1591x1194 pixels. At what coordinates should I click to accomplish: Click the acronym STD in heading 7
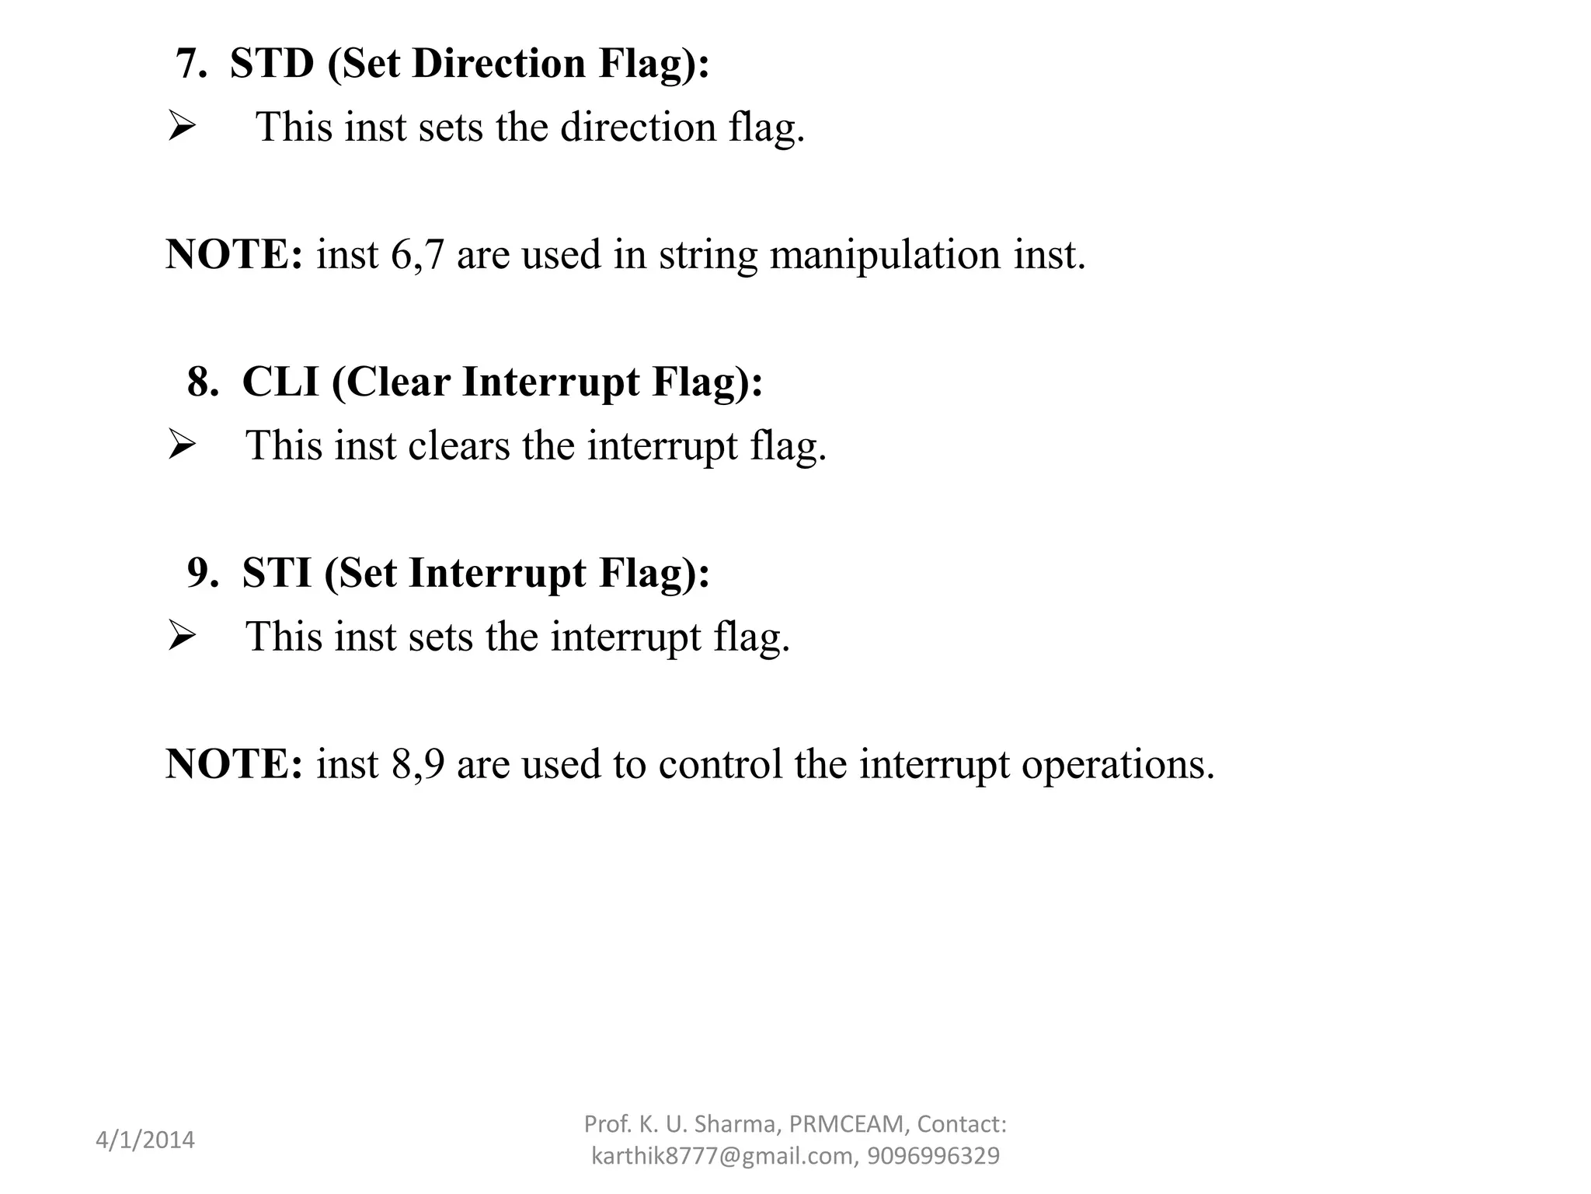[x=272, y=63]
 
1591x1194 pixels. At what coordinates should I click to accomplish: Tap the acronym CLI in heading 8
[x=280, y=382]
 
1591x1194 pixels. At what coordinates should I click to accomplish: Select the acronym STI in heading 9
[x=277, y=573]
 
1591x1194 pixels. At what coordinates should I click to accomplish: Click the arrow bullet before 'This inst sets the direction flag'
[x=181, y=127]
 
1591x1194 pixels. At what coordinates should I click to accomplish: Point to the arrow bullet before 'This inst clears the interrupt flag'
[x=181, y=445]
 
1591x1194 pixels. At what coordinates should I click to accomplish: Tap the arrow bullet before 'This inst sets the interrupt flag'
[x=181, y=637]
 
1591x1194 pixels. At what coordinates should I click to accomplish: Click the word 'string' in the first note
[x=708, y=256]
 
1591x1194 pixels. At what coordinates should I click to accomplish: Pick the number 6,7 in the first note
[x=417, y=256]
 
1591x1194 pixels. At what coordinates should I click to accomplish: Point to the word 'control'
[x=720, y=764]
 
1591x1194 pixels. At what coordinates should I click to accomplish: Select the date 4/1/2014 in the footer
[x=145, y=1140]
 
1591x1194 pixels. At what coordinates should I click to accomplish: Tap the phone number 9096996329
[x=933, y=1156]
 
